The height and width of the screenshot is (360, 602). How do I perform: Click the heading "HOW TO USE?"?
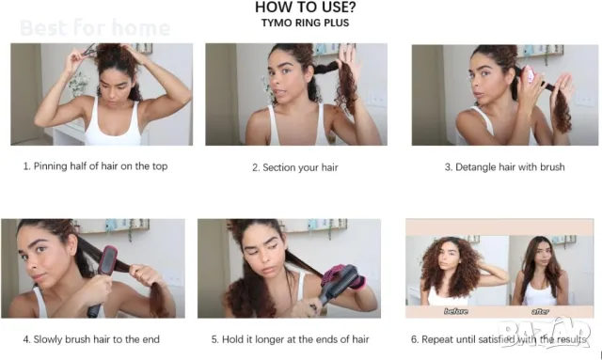click(305, 8)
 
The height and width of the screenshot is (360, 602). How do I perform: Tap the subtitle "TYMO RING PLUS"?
click(305, 23)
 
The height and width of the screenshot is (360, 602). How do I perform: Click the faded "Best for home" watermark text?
click(95, 28)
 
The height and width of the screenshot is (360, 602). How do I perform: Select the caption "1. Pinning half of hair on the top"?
click(95, 166)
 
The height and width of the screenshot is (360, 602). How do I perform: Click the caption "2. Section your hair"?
click(295, 167)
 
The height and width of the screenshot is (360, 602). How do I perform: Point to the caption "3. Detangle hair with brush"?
click(504, 167)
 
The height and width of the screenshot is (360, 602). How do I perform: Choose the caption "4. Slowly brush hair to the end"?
click(91, 339)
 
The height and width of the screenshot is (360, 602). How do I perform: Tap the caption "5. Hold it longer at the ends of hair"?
click(291, 339)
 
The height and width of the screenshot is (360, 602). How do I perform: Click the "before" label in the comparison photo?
click(455, 311)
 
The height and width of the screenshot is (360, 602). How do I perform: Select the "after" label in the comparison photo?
click(540, 311)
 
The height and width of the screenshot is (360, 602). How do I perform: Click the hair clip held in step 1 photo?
click(87, 50)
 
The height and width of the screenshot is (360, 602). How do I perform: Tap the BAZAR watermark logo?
click(546, 333)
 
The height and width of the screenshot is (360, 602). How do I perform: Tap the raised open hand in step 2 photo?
click(348, 61)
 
